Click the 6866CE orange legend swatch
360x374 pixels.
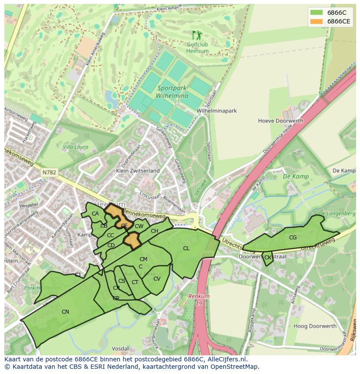coord(317,22)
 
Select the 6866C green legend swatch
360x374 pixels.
coord(317,13)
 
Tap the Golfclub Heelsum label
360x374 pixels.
coord(197,48)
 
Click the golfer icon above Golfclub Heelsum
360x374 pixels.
coord(197,35)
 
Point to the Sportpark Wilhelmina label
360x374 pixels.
coord(173,92)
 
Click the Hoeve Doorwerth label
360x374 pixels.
coord(277,121)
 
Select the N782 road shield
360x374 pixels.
coord(49,172)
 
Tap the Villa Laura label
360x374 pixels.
coord(75,147)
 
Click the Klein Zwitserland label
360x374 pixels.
coord(138,171)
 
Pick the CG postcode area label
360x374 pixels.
coord(293,238)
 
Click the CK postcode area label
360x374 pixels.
coord(268,258)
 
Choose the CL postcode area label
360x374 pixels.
coord(186,248)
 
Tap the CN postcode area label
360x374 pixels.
coord(65,311)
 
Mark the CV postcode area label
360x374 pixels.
coord(157,279)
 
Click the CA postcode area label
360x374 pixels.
coord(95,213)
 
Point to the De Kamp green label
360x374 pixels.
coord(296,177)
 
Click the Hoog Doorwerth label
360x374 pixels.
coord(315,326)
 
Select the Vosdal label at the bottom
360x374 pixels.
coord(120,348)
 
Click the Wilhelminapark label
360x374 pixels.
coord(217,111)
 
